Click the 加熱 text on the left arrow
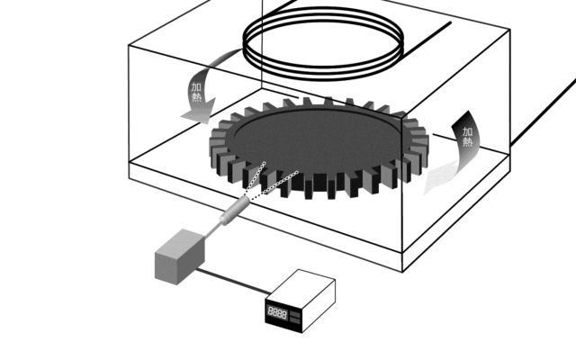196,93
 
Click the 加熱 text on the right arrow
467,137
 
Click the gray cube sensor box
180,256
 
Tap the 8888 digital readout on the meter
277,313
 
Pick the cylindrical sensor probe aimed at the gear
234,210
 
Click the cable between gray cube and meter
234,281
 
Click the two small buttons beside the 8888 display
295,318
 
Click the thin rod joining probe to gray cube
213,230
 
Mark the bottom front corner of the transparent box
402,272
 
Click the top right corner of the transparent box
510,30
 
